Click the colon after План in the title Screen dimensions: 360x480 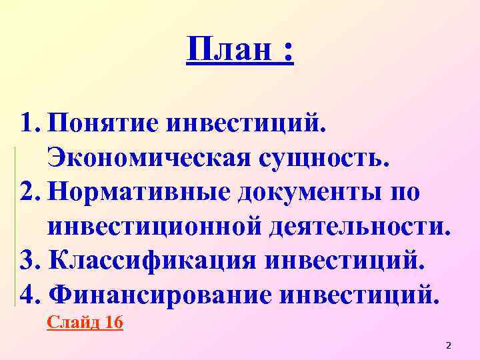[x=287, y=52]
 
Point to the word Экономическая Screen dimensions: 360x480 [x=150, y=159]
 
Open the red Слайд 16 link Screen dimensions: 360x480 [x=85, y=323]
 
